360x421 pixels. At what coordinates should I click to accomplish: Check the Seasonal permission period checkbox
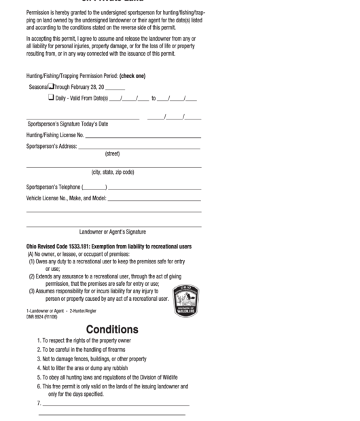click(x=52, y=87)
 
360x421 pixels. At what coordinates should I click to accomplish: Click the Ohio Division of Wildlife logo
click(x=186, y=300)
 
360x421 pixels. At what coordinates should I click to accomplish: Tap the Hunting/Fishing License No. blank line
click(x=143, y=136)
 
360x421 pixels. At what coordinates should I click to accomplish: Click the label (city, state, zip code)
click(x=113, y=172)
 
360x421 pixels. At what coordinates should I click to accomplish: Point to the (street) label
click(x=113, y=153)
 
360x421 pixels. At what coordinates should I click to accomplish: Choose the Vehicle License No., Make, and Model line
click(x=154, y=199)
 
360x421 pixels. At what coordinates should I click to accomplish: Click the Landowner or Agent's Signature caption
click(x=113, y=232)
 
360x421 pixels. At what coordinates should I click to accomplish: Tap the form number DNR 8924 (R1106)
click(x=41, y=316)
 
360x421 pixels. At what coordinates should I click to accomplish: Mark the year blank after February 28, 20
click(x=115, y=88)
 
